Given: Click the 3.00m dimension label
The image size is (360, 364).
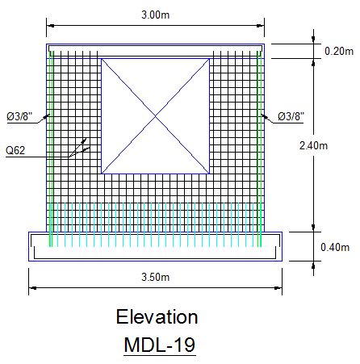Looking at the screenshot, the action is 156,15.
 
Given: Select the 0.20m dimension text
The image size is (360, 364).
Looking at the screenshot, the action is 339,51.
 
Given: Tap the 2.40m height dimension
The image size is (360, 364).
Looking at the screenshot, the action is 313,146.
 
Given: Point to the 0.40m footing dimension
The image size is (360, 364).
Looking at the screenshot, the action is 335,247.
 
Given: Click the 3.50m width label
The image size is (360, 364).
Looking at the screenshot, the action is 156,277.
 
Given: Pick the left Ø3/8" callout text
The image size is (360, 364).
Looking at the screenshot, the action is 19,116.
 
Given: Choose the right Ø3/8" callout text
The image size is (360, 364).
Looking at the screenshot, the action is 291,116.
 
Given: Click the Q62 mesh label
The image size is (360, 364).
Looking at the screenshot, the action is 15,150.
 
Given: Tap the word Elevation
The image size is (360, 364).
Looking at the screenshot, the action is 157,316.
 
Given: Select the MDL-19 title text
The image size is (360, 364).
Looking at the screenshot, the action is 160,345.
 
